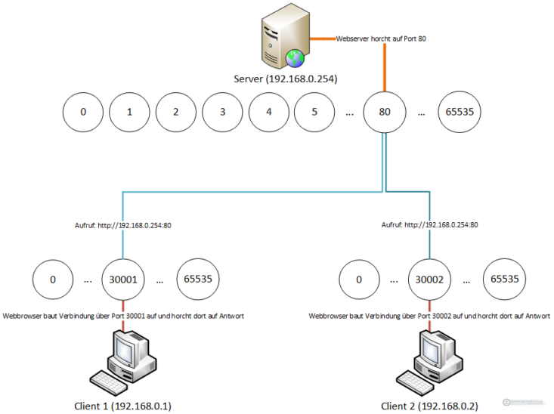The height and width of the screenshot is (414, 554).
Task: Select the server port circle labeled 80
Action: (x=385, y=113)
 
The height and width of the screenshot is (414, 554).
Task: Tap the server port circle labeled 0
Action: (x=82, y=113)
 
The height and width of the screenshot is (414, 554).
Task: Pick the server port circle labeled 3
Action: (x=222, y=113)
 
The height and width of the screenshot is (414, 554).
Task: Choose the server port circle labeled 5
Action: (x=315, y=113)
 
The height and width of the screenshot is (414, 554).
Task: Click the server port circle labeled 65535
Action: (x=460, y=113)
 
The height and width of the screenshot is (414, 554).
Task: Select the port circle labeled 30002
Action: (x=430, y=280)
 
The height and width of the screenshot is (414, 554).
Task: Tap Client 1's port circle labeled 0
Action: (x=53, y=280)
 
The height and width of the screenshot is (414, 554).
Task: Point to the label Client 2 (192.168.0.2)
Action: (x=429, y=406)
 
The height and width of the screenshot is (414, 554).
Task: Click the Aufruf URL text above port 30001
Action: (x=123, y=224)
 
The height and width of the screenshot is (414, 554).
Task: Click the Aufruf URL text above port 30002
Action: (x=430, y=224)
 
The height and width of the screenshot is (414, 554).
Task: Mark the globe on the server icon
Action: (x=294, y=57)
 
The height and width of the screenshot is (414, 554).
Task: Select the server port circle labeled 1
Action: (x=129, y=113)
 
